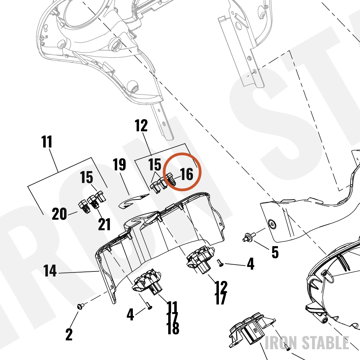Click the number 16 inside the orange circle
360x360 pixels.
[186, 174]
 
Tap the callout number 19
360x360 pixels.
[120, 165]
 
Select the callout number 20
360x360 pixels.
[59, 214]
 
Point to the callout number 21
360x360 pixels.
[104, 224]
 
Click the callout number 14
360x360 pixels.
[50, 271]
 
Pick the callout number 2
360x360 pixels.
[69, 334]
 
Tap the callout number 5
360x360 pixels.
[275, 252]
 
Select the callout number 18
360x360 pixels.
[173, 328]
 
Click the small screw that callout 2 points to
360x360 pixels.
[80, 306]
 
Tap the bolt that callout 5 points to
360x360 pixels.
[249, 237]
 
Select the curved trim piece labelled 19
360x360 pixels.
[133, 200]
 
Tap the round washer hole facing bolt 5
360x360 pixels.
[272, 224]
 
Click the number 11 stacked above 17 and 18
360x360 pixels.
[172, 307]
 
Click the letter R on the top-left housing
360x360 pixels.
[47, 37]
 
